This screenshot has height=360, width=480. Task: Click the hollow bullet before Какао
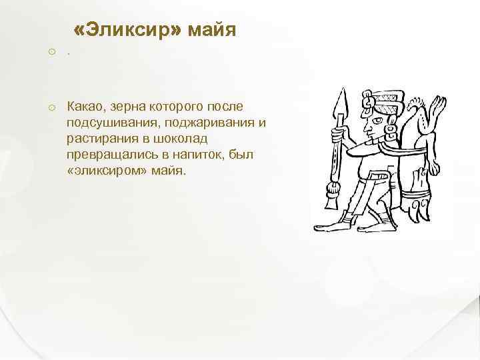(51, 107)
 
